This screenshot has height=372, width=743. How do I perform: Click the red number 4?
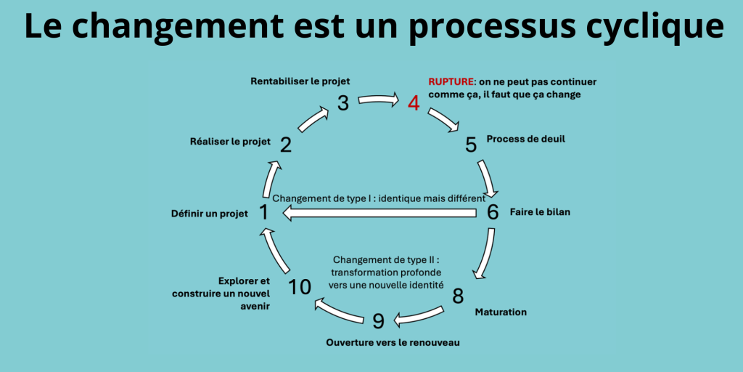(x=414, y=102)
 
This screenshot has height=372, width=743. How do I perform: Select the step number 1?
(x=263, y=212)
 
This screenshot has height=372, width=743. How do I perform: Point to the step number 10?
(x=300, y=286)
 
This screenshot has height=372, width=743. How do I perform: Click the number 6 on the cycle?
(x=493, y=212)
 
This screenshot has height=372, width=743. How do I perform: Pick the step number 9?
(x=378, y=320)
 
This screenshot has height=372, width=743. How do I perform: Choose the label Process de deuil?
(x=525, y=139)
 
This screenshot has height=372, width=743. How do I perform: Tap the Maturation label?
(x=501, y=312)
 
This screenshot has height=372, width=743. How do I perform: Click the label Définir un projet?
(x=209, y=213)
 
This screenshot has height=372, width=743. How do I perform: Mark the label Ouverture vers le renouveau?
(x=393, y=341)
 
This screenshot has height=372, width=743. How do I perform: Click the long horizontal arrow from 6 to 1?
(x=377, y=212)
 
